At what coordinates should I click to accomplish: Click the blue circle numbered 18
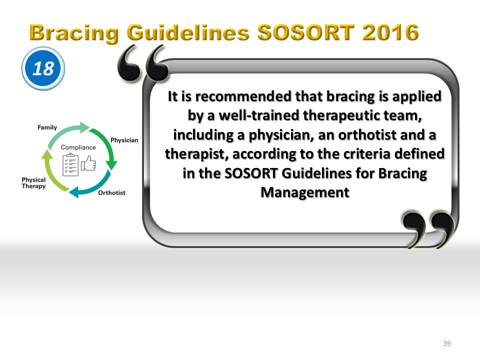[43, 68]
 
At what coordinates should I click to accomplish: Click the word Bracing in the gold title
[74, 33]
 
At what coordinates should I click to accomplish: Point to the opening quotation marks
[143, 63]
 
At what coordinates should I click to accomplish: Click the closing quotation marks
[428, 229]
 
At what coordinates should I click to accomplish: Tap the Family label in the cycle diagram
[47, 127]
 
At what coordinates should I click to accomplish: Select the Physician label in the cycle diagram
[124, 140]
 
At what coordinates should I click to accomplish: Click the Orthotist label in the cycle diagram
[111, 193]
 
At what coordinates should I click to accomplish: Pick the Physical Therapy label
[33, 183]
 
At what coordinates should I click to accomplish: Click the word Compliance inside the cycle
[78, 147]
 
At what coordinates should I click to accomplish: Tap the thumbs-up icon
[88, 163]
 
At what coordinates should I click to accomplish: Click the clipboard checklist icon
[70, 164]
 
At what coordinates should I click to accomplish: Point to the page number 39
[447, 343]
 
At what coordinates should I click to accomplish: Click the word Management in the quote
[305, 192]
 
